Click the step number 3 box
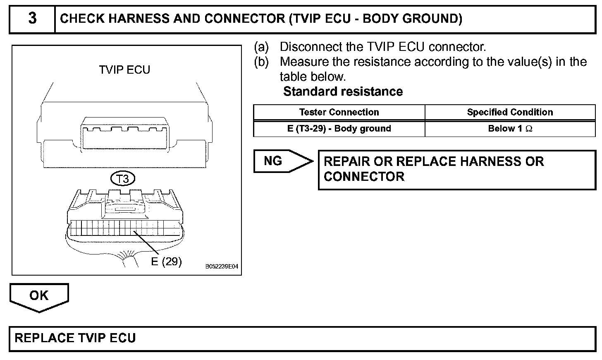tap(32, 19)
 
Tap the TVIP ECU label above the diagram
tap(124, 70)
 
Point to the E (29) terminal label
tap(166, 261)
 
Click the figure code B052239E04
tap(222, 267)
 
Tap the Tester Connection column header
tap(339, 112)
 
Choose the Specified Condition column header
tap(510, 112)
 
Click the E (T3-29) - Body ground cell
tap(339, 128)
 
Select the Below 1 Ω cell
tap(510, 128)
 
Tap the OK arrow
tap(39, 296)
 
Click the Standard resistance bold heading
tap(343, 91)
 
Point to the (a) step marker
tap(261, 47)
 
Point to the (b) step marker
tap(261, 62)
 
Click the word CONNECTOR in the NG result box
tap(364, 177)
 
